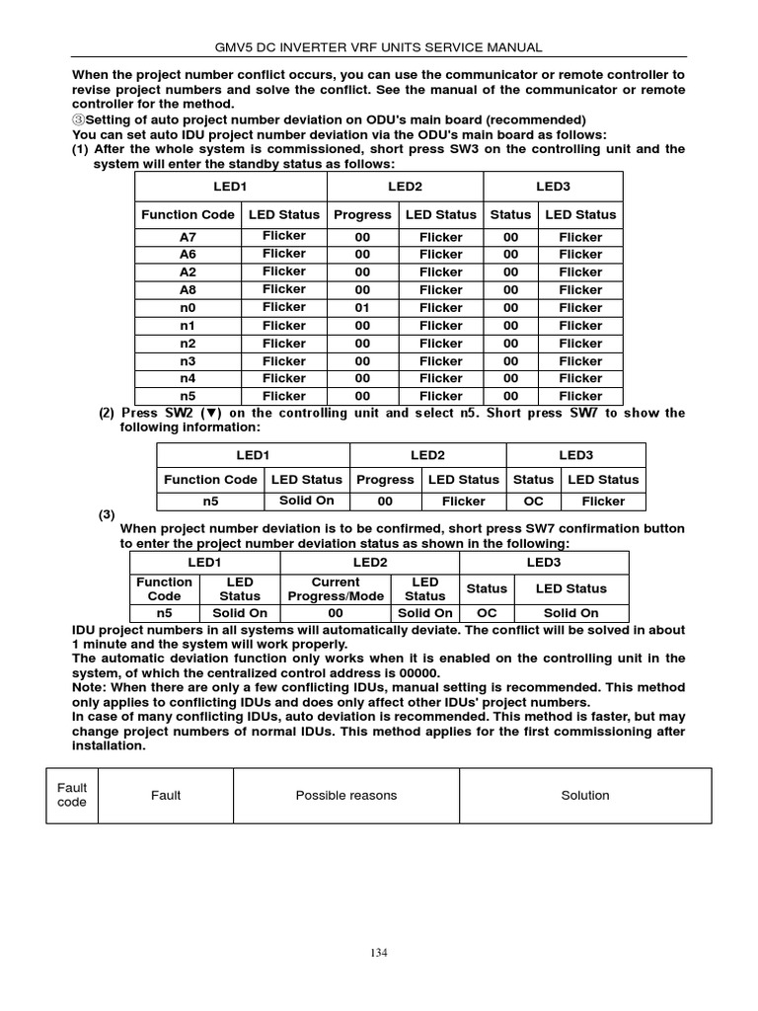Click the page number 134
point(379,953)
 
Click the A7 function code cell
point(188,237)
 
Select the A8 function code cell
point(188,290)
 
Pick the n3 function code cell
point(188,361)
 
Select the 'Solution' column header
point(585,795)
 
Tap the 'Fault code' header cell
point(72,795)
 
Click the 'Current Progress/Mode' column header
point(336,589)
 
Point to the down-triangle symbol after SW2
point(211,413)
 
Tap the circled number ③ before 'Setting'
point(79,119)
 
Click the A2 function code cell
point(188,272)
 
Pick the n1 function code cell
point(188,326)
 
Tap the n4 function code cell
point(188,378)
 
